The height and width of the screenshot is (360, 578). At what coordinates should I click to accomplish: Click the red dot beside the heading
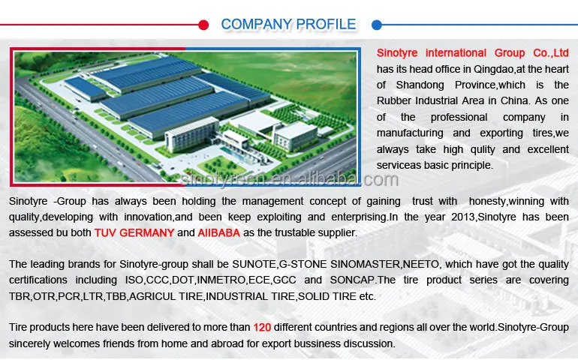point(203,25)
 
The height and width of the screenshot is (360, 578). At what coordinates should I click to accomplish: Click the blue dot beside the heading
point(377,25)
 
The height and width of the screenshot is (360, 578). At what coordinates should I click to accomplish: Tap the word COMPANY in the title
point(257,24)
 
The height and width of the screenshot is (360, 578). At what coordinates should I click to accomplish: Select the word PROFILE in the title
point(327,24)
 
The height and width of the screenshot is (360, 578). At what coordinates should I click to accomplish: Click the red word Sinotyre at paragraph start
point(397,53)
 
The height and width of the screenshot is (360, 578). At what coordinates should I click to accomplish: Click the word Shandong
point(420,85)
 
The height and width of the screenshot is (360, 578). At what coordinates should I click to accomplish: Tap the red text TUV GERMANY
point(134,233)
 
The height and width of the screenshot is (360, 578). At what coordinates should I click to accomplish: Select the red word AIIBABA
point(219,233)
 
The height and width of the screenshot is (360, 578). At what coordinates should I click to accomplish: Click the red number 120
point(262,327)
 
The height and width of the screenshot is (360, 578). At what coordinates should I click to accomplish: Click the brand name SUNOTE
point(254,265)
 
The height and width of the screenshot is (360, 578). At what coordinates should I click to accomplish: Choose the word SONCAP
point(352,280)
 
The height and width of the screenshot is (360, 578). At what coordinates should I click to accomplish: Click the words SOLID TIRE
point(327,296)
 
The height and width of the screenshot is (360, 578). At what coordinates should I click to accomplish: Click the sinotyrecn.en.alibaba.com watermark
point(289,180)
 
